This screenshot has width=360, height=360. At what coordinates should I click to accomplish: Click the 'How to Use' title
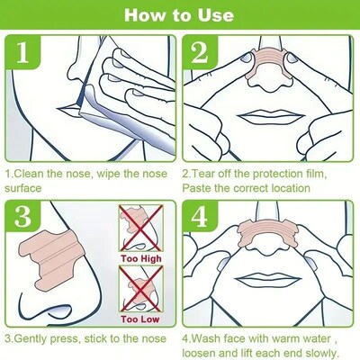pyautogui.click(x=180, y=15)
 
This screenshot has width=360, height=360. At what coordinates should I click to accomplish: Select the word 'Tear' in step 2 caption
pyautogui.click(x=211, y=171)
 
